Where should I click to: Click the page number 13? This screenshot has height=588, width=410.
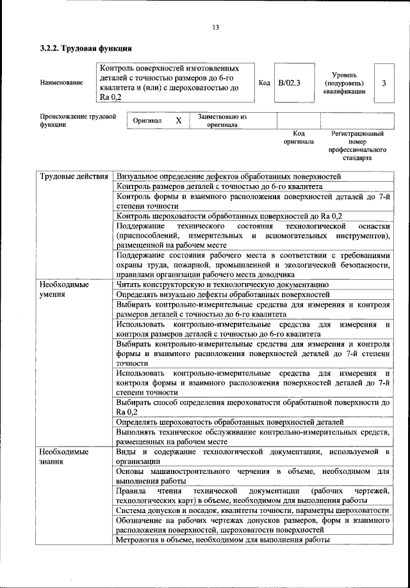pos(215,26)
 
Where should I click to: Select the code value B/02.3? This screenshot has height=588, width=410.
pos(290,83)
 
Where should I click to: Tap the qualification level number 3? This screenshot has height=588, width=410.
pos(383,83)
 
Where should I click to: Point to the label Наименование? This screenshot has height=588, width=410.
pos(61,83)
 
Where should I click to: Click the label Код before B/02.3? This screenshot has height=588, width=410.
pos(264,83)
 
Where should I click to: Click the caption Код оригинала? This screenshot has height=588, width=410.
pos(299,137)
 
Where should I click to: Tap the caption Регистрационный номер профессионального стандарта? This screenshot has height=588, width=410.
pos(357,145)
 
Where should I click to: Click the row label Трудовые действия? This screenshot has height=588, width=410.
pos(73,176)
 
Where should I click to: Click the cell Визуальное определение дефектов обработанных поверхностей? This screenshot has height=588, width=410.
pos(229,176)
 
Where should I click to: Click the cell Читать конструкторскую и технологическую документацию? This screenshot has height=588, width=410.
pos(222,284)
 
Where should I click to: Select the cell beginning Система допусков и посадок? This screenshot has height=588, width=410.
pos(252,510)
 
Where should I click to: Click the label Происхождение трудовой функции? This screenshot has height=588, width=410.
pos(78,121)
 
